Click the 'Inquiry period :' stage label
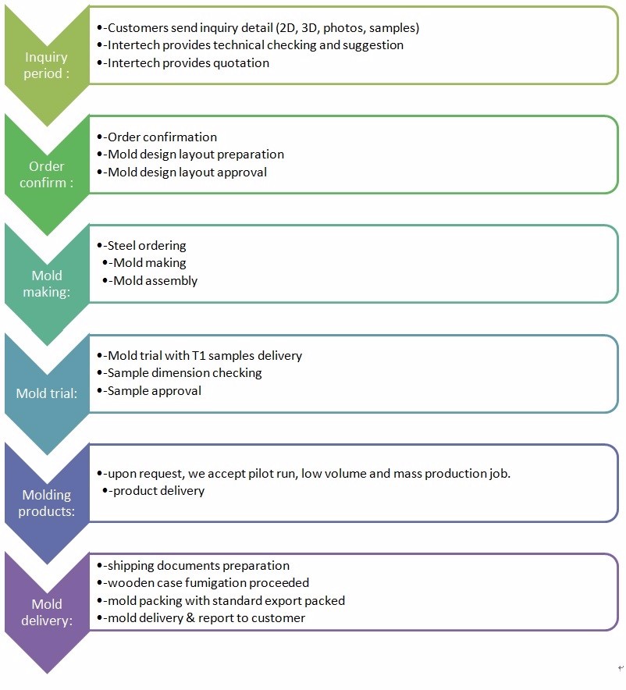46,65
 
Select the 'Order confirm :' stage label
46,174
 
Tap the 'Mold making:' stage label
47,283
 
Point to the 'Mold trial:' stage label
47,393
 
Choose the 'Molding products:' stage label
46,503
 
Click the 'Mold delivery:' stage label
47,612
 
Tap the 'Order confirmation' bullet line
162,137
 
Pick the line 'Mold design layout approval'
187,172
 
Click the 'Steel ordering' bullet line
147,246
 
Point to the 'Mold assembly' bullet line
155,281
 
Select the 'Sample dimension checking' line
184,373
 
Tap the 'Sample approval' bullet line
154,390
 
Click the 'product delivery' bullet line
158,491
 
